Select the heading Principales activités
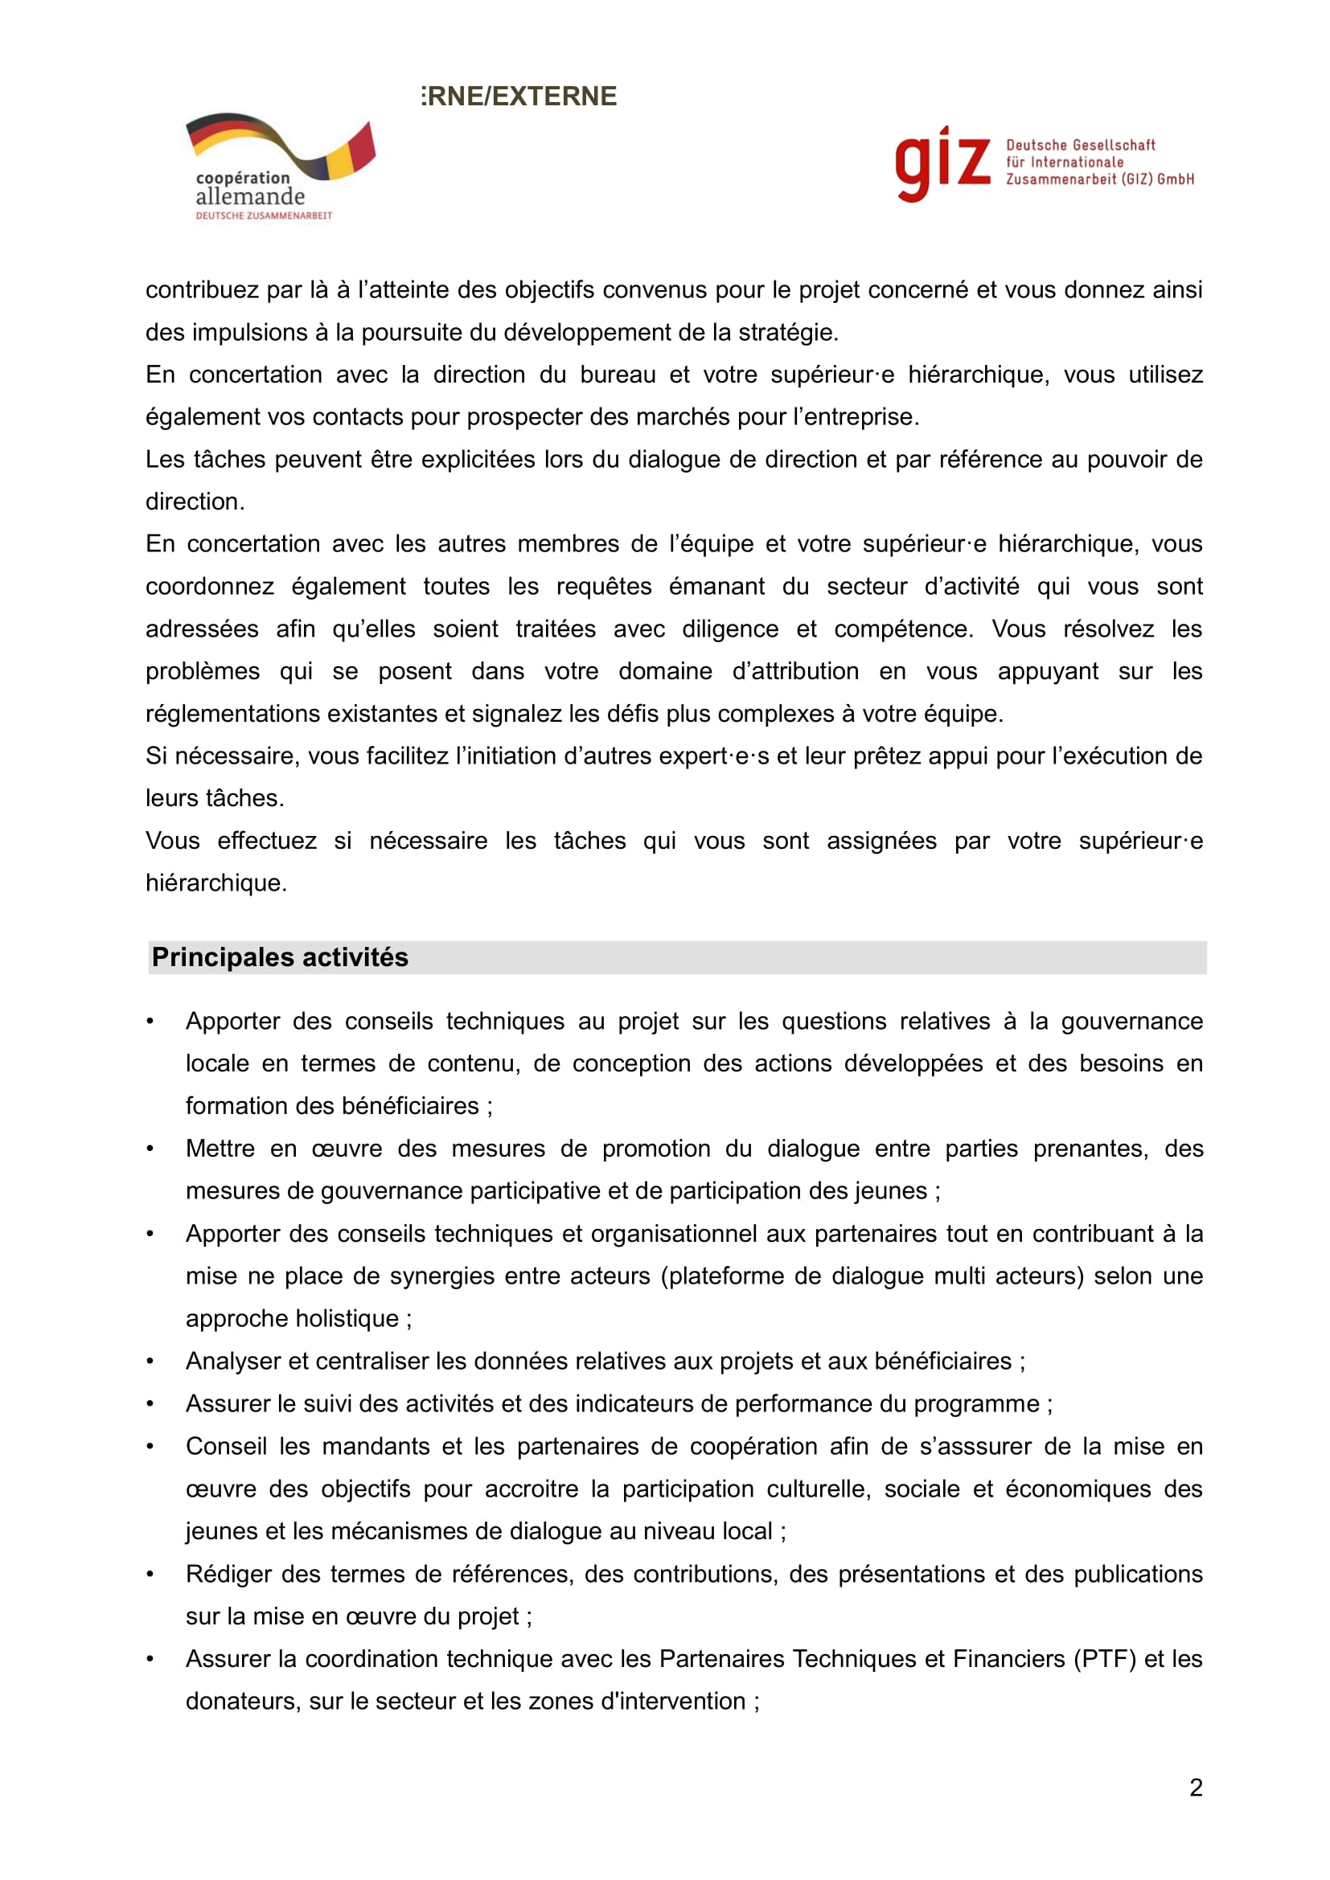point(280,957)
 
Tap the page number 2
point(1196,1788)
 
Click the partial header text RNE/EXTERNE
point(520,96)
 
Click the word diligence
point(730,629)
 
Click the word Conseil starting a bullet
point(226,1446)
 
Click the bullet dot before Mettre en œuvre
point(150,1149)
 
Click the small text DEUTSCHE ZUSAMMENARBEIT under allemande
point(264,215)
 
